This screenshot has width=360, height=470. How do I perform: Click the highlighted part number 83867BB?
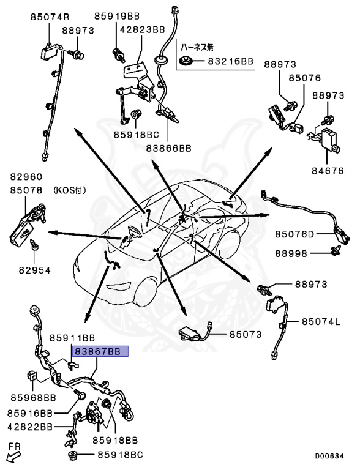(x=98, y=351)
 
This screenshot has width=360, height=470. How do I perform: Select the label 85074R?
(x=50, y=17)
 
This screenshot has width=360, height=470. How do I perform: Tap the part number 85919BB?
(x=117, y=16)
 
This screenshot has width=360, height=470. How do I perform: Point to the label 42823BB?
(x=143, y=29)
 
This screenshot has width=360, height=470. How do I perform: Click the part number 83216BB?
(x=231, y=61)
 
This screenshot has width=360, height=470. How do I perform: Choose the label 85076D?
(x=294, y=234)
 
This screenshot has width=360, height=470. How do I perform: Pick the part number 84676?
(x=328, y=171)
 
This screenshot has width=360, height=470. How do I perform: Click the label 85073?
(x=246, y=334)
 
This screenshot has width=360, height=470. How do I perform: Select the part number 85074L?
(x=321, y=322)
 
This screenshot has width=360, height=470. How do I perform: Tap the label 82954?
(x=35, y=270)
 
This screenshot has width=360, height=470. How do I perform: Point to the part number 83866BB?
(x=168, y=148)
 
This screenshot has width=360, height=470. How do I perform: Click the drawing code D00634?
(x=329, y=456)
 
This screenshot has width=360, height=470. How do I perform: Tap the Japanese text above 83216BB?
(x=197, y=47)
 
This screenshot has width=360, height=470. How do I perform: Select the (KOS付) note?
(x=70, y=190)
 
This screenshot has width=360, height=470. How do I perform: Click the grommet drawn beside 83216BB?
(x=186, y=61)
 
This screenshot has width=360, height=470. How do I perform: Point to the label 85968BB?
(x=34, y=398)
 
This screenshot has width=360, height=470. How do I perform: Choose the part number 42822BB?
(x=30, y=427)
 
